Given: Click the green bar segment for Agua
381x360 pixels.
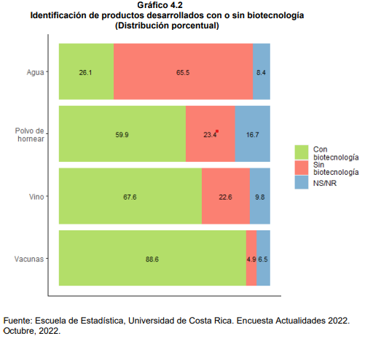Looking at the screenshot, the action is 86,71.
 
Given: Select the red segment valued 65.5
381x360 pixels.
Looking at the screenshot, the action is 183,71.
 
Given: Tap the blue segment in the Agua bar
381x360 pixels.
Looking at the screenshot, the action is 262,71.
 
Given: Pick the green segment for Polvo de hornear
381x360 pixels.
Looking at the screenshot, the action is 122,133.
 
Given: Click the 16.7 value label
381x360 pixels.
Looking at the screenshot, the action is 253,135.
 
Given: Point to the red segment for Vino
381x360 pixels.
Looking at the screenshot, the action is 226,196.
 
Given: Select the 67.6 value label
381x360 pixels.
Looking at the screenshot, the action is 130,197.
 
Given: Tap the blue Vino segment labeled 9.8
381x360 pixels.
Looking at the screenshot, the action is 260,196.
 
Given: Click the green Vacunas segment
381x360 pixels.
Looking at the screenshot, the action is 152,258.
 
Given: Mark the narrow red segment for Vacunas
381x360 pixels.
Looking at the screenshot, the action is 251,258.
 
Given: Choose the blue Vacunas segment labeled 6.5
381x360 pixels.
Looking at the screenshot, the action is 264,258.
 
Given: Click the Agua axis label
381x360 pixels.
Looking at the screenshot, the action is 35,72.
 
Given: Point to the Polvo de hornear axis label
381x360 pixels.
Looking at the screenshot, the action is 30,135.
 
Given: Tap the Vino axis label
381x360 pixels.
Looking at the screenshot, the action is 36,197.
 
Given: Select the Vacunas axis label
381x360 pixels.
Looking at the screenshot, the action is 29,259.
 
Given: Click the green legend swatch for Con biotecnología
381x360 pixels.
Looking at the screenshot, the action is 302,152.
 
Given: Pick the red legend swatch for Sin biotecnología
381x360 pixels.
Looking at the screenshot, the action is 302,168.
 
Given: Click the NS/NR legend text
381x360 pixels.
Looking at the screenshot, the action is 325,183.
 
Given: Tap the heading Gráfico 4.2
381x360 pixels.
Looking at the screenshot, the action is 160,5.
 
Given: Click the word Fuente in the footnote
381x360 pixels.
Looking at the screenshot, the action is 18,321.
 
